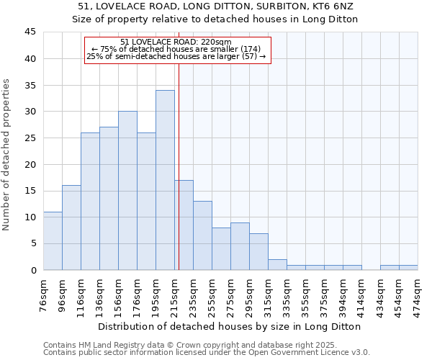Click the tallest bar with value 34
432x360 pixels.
(165, 180)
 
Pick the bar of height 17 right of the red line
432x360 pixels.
(184, 225)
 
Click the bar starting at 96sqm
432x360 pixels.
(71, 228)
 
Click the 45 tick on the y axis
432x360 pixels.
(30, 32)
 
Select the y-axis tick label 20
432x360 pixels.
(30, 164)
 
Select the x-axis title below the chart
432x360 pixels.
(230, 326)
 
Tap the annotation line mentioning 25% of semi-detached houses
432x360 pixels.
(176, 56)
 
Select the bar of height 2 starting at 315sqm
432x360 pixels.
(277, 265)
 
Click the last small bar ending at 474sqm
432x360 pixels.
(408, 268)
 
